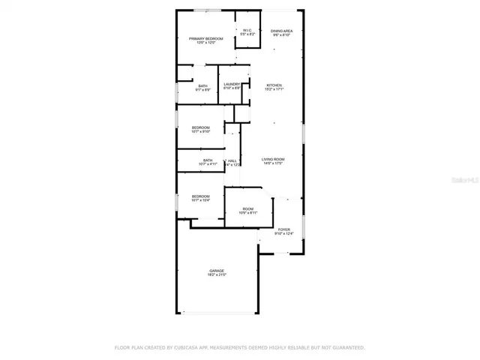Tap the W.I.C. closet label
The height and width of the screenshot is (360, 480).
[247, 31]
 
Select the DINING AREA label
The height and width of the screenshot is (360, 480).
[282, 31]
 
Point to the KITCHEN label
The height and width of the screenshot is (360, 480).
[274, 85]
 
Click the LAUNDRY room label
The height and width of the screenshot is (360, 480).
[232, 84]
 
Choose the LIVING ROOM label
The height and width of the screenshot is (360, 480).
[273, 159]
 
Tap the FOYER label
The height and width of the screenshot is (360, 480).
[283, 229]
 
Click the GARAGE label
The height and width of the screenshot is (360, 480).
[217, 271]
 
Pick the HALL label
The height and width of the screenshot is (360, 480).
[232, 160]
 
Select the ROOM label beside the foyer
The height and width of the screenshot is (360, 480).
[247, 209]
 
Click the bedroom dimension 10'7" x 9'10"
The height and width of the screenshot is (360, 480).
[200, 132]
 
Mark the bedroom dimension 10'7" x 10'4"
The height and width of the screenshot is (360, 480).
[200, 200]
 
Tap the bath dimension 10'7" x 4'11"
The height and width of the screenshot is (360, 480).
[207, 163]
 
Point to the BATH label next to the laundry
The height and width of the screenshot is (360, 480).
[203, 85]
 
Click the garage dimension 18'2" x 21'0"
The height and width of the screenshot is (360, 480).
[217, 275]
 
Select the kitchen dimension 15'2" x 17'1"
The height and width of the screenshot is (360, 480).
[274, 89]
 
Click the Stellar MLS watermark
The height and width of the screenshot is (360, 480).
[465, 181]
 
